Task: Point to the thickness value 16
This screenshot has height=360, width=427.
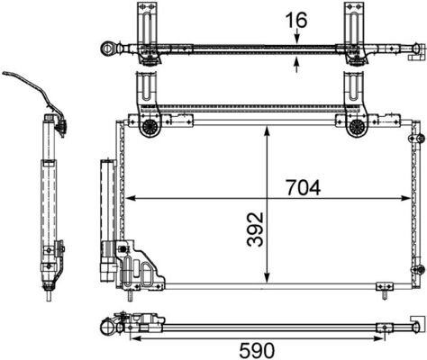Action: pos(296,17)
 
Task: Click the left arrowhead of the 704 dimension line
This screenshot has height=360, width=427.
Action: pos(128,197)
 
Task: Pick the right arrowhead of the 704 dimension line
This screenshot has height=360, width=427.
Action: pos(407,197)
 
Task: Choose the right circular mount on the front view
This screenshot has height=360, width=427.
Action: pos(356,127)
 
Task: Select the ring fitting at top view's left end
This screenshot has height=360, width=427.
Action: pos(109,45)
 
